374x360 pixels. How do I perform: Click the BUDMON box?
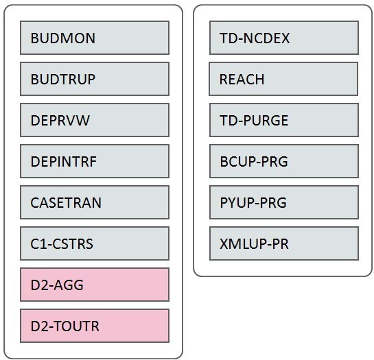95,38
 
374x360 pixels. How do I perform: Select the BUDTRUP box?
95,79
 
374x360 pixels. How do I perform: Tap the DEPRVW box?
95,120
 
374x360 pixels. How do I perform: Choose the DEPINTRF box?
95,161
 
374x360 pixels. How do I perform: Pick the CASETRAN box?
95,202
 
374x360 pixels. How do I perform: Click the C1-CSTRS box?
95,243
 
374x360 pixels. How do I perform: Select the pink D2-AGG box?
95,285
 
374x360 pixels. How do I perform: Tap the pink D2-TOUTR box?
95,326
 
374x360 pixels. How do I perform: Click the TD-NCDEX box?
283,38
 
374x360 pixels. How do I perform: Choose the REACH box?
283,79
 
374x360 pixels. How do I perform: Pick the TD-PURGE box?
283,120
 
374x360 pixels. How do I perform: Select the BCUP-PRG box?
283,161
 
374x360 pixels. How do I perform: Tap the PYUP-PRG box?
283,202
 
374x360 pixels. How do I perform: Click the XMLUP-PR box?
283,243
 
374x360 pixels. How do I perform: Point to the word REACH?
242,80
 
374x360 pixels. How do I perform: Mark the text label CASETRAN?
66,203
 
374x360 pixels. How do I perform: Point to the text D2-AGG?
57,285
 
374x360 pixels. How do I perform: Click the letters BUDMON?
62,38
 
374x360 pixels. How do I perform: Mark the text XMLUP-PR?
254,244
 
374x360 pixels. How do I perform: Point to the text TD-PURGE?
254,121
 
